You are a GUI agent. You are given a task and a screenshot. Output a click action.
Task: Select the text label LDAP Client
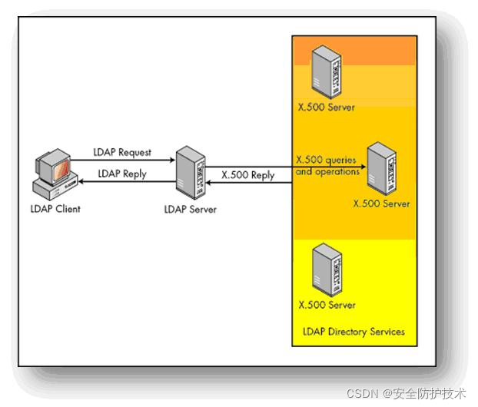[56, 208]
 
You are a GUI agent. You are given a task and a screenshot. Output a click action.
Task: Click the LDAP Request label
[122, 153]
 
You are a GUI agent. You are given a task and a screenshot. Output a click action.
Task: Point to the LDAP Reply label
[122, 174]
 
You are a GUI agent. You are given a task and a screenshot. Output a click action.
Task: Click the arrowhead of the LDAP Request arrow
[171, 160]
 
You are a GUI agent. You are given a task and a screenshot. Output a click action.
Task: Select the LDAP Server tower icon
[188, 172]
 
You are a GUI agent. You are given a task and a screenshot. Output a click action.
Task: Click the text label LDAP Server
[191, 209]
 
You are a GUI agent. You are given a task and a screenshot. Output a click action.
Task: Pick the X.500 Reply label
[247, 175]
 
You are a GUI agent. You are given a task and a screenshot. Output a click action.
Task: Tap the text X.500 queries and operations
[327, 166]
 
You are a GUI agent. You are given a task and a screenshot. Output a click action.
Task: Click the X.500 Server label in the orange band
[327, 108]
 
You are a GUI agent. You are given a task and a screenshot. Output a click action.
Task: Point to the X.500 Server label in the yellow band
[327, 305]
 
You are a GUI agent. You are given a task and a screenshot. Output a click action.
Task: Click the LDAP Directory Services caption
[353, 332]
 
